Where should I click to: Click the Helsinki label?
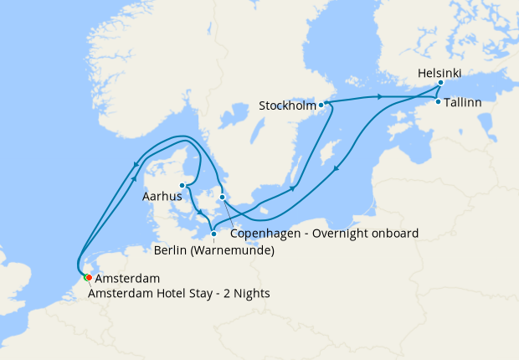pos(439,74)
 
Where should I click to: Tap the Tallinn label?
pos(463,102)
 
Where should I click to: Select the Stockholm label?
pos(287,106)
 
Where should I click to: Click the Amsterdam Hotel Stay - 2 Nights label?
pos(182,293)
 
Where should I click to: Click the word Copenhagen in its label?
pos(265,233)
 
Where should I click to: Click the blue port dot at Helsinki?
pos(440,84)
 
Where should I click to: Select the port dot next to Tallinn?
pos(439,101)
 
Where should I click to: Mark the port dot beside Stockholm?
pos(321,105)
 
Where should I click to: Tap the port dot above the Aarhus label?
pos(182,186)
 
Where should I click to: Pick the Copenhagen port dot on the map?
pos(222,198)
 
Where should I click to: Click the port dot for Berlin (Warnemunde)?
pos(213,234)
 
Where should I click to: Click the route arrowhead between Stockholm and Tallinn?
pos(380,98)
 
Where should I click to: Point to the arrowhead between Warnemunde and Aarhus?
pos(199,213)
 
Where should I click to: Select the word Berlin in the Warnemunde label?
pos(172,249)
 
